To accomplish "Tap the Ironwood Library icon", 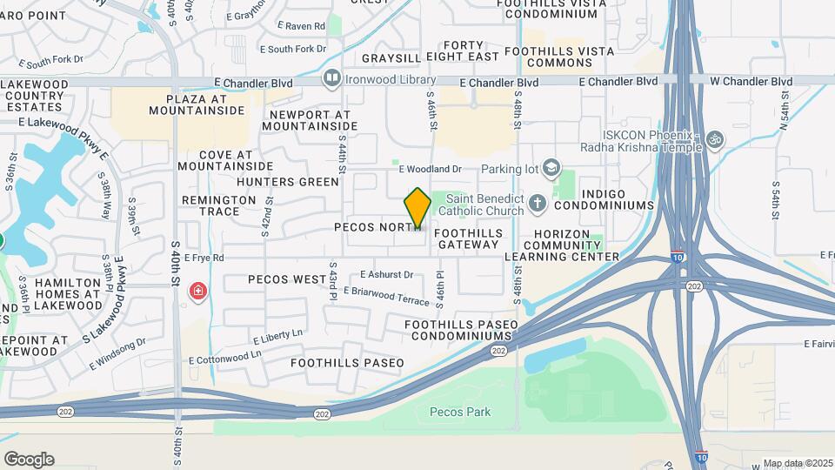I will point(331,80).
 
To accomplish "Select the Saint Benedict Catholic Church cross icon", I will point(537,204).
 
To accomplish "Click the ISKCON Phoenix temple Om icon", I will point(715,139).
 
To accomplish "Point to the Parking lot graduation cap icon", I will point(551,167).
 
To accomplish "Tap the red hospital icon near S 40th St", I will point(198,291).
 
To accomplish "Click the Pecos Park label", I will point(460,412).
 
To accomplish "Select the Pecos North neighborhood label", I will point(377,227).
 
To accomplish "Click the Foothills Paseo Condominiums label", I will point(461,331).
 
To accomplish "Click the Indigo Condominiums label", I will point(604,198).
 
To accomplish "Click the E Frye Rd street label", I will point(204,258).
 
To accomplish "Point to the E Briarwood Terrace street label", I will point(386,295).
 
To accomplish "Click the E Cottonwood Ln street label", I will point(224,356).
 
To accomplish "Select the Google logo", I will point(29,460).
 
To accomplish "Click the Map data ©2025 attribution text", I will point(798,463).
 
